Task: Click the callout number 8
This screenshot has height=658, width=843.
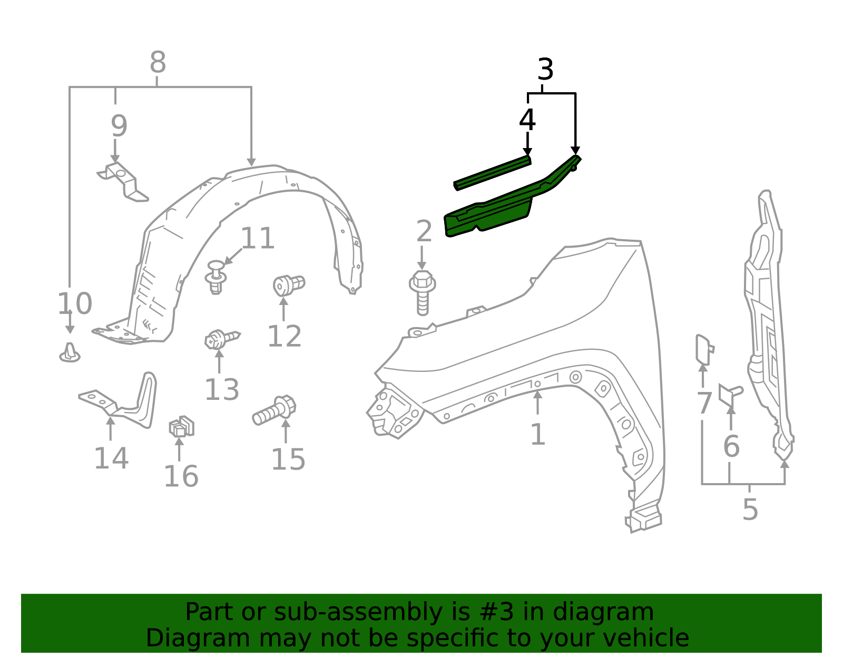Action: click(x=158, y=63)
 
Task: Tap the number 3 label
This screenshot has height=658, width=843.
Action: click(x=545, y=70)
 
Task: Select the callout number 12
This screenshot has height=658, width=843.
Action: click(x=285, y=336)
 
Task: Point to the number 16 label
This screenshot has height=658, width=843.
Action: click(x=181, y=477)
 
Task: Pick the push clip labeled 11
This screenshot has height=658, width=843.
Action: click(x=215, y=277)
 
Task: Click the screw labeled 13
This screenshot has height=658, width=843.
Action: click(x=220, y=338)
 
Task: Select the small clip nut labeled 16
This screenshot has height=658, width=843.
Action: click(x=181, y=427)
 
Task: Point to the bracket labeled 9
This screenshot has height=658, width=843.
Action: click(x=124, y=182)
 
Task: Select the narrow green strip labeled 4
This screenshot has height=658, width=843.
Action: click(x=493, y=172)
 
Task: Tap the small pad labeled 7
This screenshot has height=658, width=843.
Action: click(x=703, y=349)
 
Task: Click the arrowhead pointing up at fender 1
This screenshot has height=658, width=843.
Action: click(x=537, y=394)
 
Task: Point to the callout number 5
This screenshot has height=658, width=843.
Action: click(x=750, y=509)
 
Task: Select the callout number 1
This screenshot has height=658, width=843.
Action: click(x=537, y=435)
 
